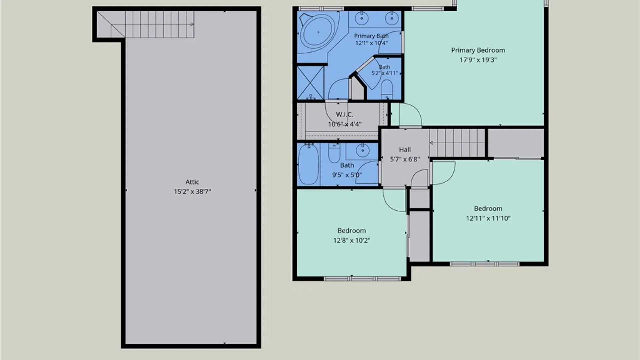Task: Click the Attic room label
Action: coord(192,182)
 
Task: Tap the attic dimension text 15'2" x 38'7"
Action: coord(192,192)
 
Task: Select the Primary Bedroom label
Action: coord(478,50)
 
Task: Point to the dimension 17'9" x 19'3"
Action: coord(478,60)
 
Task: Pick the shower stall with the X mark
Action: coord(310,83)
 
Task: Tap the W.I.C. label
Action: coord(344,115)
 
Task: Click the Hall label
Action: coord(405,150)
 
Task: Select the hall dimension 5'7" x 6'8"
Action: coord(405,159)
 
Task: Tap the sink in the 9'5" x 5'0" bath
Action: coord(362,151)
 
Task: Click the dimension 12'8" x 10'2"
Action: coord(352,240)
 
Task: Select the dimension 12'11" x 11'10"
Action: coord(488,218)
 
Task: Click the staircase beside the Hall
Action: coord(457,143)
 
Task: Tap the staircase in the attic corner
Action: coord(146,24)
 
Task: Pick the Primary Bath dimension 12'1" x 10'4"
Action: coord(371,43)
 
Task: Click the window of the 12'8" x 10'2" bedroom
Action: coord(362,279)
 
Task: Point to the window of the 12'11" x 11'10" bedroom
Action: coord(485,264)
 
